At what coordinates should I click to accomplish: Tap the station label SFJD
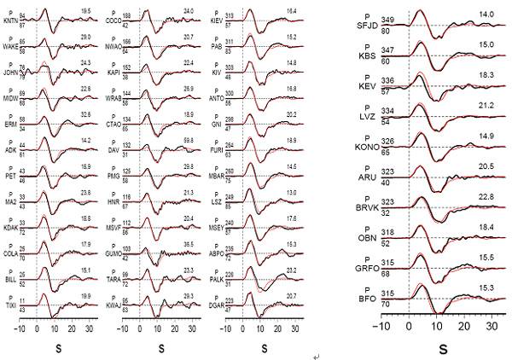tap(340, 27)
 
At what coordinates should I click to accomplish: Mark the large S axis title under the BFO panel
tap(443, 348)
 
